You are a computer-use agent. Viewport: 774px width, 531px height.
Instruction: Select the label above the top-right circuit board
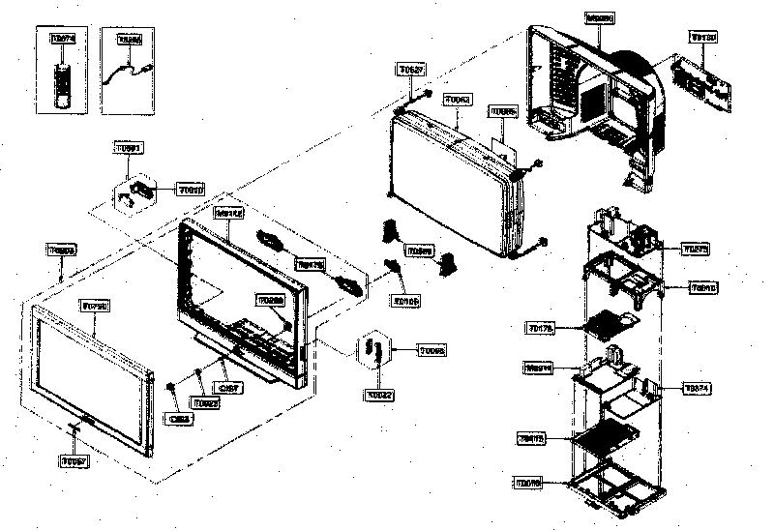click(702, 37)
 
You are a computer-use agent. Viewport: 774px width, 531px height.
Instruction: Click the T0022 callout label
click(380, 395)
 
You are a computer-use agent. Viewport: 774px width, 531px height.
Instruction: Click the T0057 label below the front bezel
click(74, 462)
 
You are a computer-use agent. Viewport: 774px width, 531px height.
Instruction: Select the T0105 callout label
click(405, 301)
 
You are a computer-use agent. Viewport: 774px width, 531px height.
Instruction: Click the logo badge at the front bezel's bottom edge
click(82, 421)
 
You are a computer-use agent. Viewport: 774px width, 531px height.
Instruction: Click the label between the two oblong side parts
click(310, 263)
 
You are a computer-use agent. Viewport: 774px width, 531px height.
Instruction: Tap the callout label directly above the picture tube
click(457, 100)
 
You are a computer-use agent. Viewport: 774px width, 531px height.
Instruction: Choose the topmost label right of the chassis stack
click(695, 249)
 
